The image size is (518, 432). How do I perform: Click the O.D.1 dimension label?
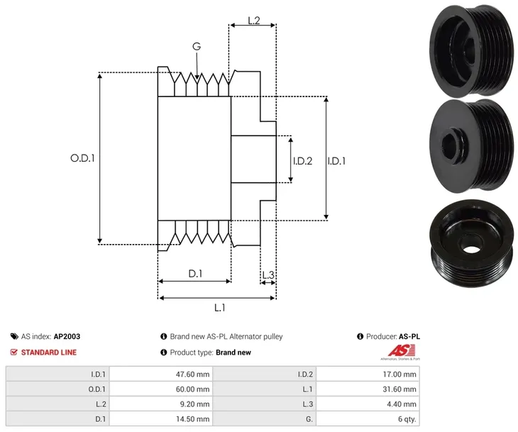(x=82, y=158)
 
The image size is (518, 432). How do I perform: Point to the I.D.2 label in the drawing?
(x=303, y=160)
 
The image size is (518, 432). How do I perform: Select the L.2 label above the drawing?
(x=253, y=21)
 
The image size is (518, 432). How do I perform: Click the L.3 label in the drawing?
(x=268, y=275)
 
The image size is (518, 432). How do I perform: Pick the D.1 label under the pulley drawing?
(x=194, y=274)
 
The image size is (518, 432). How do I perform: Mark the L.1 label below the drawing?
(x=220, y=307)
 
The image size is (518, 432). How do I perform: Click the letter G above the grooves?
(x=197, y=47)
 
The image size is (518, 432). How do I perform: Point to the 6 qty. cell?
(x=407, y=419)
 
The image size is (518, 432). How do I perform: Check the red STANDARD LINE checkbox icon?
(x=14, y=352)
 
